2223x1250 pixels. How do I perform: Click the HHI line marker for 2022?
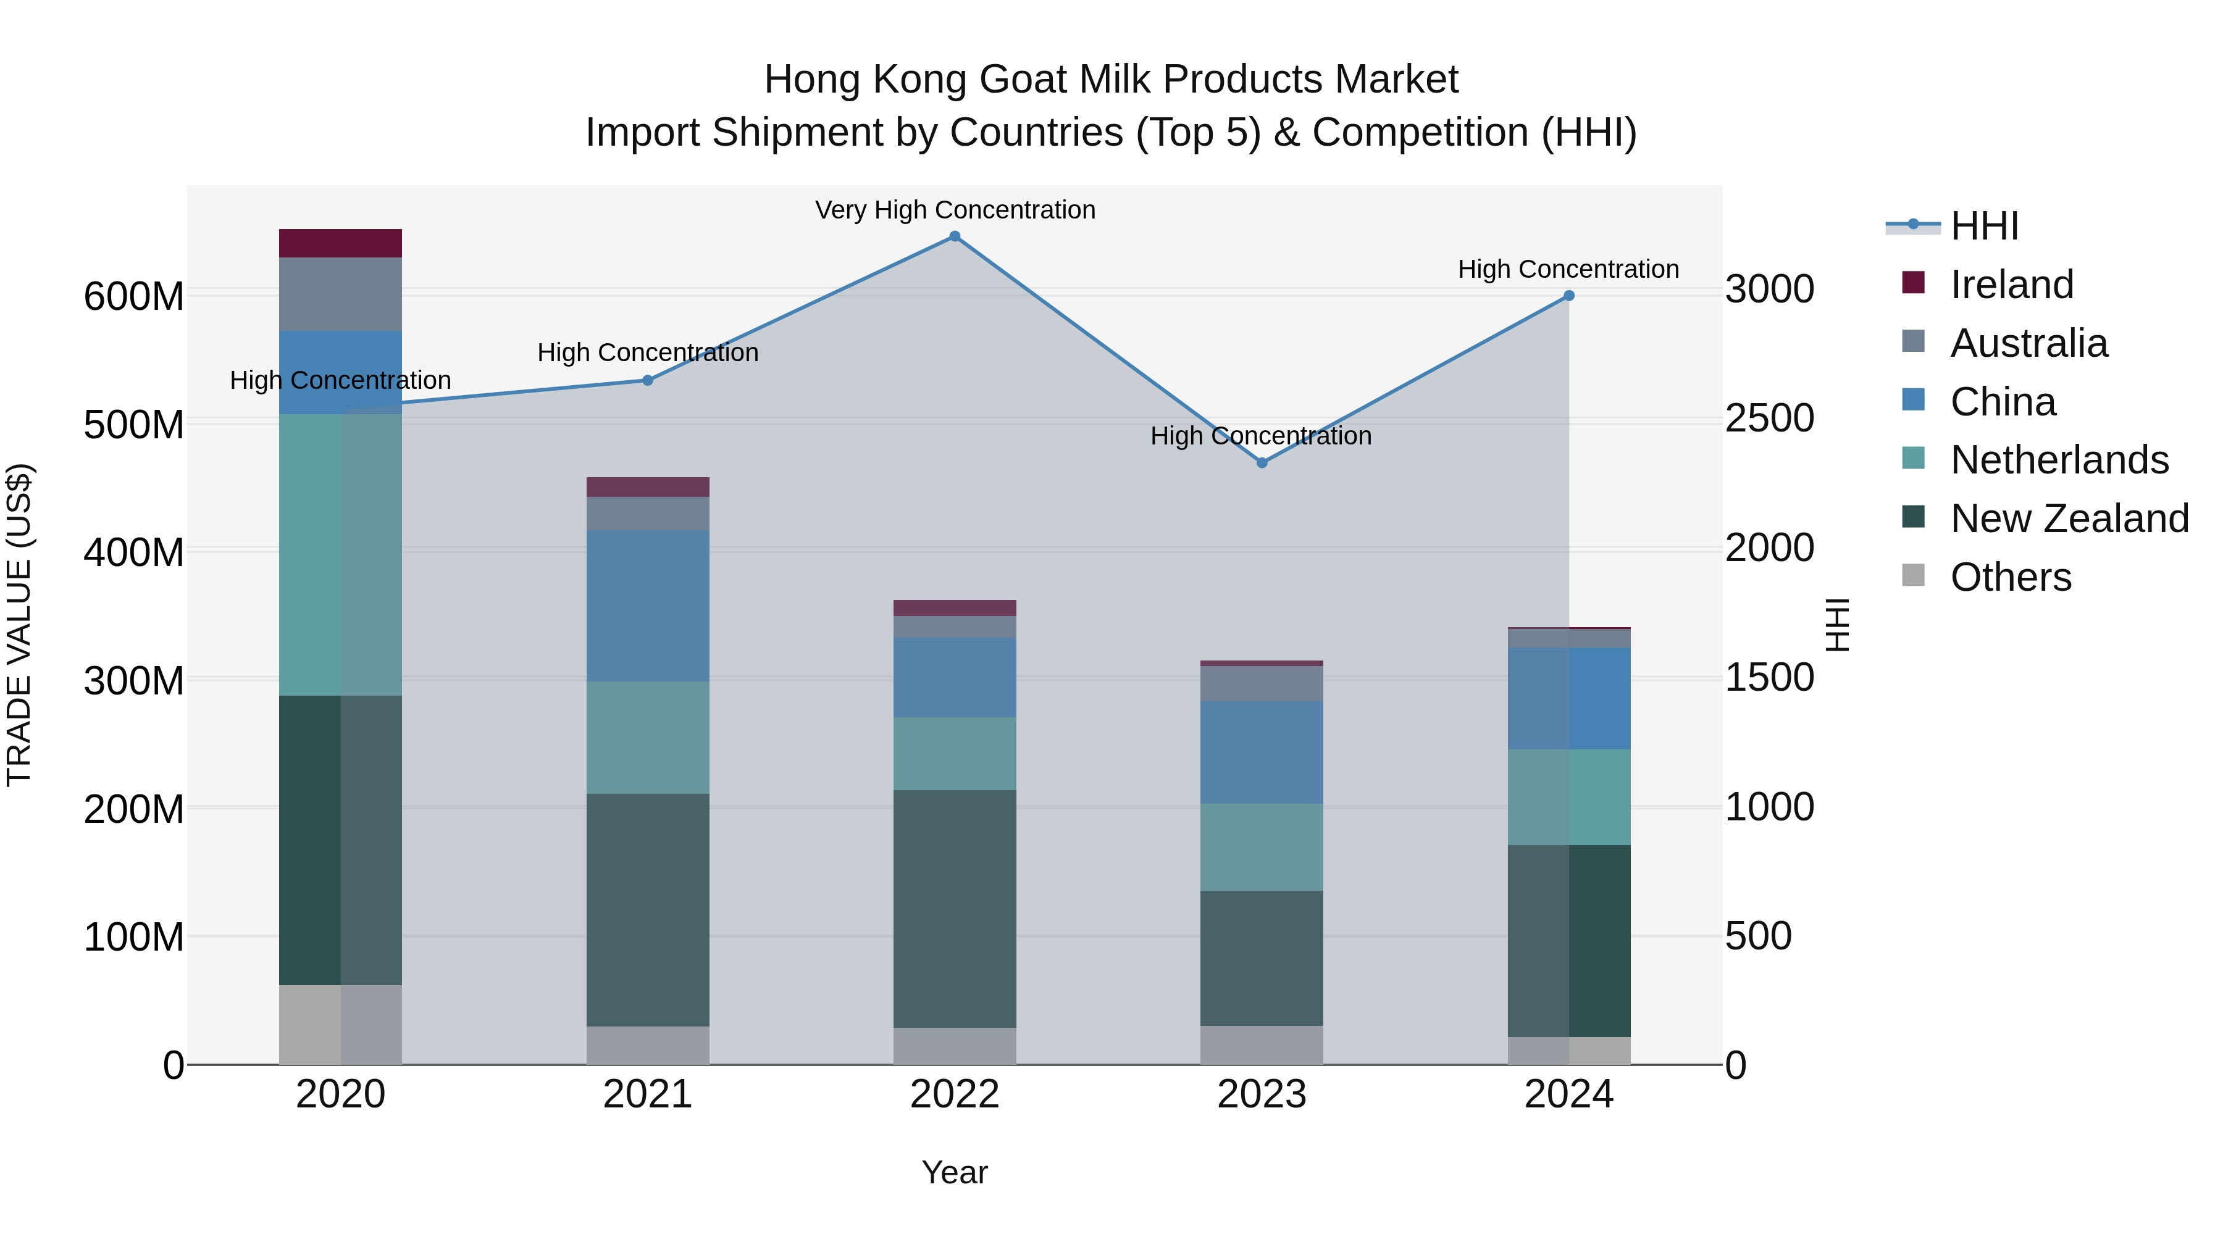[955, 236]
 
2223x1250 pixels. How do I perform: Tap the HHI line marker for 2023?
[1262, 463]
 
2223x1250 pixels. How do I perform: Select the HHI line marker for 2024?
[1569, 296]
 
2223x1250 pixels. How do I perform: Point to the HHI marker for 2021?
[647, 380]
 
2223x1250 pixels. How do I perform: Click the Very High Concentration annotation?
[955, 210]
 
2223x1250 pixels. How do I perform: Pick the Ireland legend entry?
[2011, 285]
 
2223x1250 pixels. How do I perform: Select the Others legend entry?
[2010, 577]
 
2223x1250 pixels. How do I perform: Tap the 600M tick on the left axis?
[134, 297]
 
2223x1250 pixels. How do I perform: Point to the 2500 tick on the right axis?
[1769, 419]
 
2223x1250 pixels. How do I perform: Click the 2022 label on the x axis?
[955, 1094]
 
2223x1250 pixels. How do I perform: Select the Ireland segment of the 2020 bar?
[340, 243]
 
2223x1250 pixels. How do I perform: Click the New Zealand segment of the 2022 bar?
[955, 909]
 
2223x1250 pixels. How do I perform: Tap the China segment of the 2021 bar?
[647, 606]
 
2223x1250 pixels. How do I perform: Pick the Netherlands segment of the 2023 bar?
[1262, 847]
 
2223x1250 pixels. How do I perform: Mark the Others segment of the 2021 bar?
[647, 1044]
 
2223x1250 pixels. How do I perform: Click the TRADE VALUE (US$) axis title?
[19, 625]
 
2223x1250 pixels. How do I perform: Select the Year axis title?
[955, 1172]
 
